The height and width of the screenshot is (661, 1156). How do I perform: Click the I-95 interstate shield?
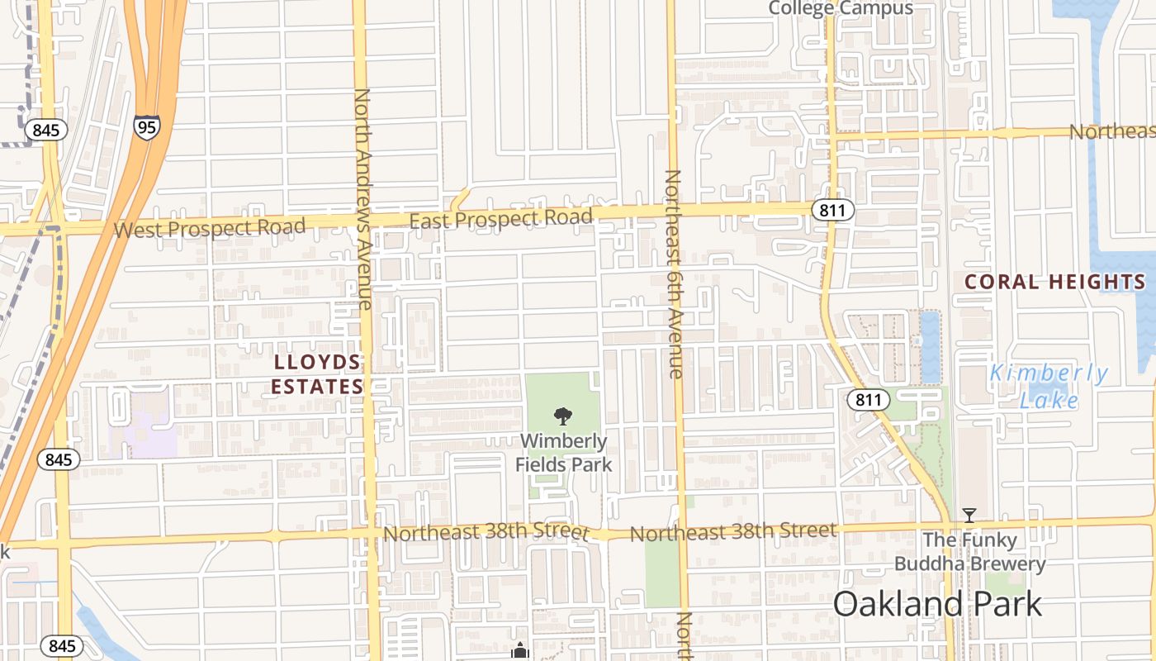(x=146, y=126)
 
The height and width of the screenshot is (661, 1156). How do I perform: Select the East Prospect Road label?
(x=501, y=219)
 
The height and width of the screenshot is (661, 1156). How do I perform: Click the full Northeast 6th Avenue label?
(x=674, y=273)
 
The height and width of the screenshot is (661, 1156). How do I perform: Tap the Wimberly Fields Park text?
(x=564, y=453)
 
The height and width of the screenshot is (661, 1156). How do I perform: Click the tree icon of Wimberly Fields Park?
(x=563, y=416)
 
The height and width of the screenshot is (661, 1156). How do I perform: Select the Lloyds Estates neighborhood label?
(x=318, y=374)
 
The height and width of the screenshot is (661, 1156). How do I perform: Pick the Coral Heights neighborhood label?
(x=1055, y=282)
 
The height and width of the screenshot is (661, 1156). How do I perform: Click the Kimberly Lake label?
(x=1049, y=387)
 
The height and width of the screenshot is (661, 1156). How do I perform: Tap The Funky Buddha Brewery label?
(x=970, y=553)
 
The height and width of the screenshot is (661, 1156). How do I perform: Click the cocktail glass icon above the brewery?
(x=969, y=516)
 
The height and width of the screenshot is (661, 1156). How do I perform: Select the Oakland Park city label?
(x=937, y=604)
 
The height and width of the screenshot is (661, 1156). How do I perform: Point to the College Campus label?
(x=841, y=8)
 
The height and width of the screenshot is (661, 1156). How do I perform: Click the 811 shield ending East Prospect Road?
(x=832, y=210)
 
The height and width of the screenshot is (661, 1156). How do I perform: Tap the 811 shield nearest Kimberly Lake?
(x=868, y=401)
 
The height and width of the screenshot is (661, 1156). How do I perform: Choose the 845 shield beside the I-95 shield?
(x=45, y=130)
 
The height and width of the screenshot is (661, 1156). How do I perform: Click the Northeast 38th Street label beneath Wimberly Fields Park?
(x=486, y=533)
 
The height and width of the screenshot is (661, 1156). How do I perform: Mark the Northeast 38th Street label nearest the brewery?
(x=733, y=532)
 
